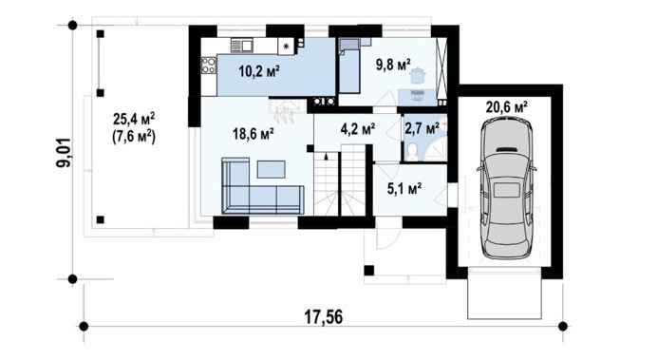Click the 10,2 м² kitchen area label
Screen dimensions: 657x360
(x=259, y=71)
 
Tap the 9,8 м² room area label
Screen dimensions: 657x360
(x=393, y=65)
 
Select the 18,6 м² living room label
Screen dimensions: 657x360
(x=253, y=134)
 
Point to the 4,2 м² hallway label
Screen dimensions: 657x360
(x=357, y=128)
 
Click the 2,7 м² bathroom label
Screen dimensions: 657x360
(x=422, y=128)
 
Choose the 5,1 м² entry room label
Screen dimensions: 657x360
(x=404, y=189)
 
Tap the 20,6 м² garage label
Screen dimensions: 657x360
(x=507, y=107)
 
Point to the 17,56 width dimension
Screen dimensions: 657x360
(x=323, y=317)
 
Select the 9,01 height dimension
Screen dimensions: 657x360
(x=65, y=153)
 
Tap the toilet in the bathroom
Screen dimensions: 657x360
(x=413, y=152)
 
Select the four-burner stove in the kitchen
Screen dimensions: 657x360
(x=209, y=66)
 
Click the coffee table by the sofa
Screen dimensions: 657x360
(x=272, y=169)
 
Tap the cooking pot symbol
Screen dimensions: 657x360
(x=418, y=77)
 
